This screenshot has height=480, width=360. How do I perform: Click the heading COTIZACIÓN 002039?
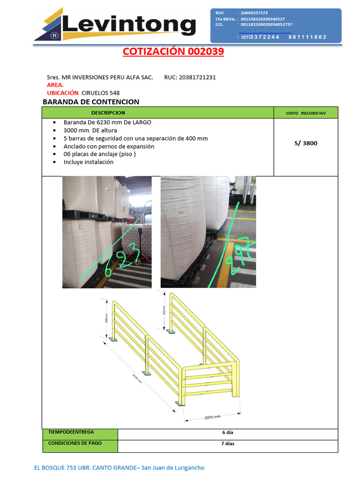[x=173, y=52]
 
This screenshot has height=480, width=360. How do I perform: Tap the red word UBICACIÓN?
[x=63, y=93]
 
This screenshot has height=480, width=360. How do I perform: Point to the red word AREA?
[x=54, y=85]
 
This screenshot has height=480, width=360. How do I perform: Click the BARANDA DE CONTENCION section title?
[x=91, y=102]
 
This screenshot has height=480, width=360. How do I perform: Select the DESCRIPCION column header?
[x=108, y=113]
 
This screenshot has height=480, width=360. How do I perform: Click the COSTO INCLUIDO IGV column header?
[x=305, y=113]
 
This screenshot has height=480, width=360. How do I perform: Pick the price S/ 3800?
[x=306, y=143]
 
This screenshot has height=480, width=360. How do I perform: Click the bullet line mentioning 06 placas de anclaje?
[x=99, y=154]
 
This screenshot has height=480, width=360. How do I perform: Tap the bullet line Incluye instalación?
[x=89, y=162]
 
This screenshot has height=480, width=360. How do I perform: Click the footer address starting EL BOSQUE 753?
[x=120, y=468]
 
